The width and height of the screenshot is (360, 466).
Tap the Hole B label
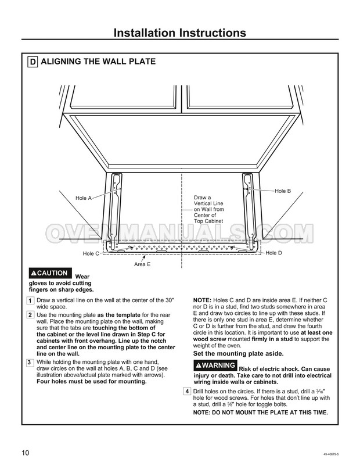pyautogui.click(x=283, y=191)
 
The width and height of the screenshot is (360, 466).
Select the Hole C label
pyautogui.click(x=91, y=254)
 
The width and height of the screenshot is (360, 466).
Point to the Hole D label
pyautogui.click(x=273, y=253)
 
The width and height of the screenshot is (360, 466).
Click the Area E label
pyautogui.click(x=142, y=264)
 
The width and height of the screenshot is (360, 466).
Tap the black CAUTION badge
pyautogui.click(x=50, y=273)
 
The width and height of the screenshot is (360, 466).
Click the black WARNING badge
pyautogui.click(x=215, y=365)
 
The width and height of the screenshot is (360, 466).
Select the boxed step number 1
pyautogui.click(x=30, y=300)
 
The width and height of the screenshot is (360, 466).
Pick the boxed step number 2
pyautogui.click(x=30, y=314)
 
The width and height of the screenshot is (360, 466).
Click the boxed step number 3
pyautogui.click(x=30, y=363)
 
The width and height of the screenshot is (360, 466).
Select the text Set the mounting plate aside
pyautogui.click(x=238, y=353)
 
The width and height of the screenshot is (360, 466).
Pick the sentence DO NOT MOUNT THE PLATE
pyautogui.click(x=261, y=412)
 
